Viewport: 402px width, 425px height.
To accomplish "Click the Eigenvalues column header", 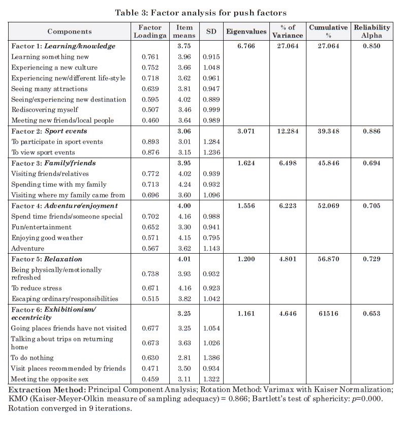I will coord(246,31).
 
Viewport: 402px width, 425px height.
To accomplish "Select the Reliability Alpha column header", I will coord(372,31).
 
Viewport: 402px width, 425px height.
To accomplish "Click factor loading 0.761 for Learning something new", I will coord(150,56).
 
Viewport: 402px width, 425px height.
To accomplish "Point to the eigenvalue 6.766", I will coord(246,46).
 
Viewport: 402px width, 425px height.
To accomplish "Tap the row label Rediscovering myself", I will coord(45,109).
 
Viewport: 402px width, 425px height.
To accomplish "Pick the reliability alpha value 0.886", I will coord(372,131).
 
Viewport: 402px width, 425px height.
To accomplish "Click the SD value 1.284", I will coord(210,142).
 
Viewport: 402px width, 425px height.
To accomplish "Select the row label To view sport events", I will coord(43,153).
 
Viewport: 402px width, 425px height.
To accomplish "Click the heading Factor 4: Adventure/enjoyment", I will coord(65,205).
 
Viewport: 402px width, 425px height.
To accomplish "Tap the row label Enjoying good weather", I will coord(47,237).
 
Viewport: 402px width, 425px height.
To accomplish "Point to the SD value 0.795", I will coord(210,237).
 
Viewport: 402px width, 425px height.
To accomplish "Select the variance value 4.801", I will coord(288,259).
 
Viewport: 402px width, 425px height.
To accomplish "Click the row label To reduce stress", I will coord(37,288).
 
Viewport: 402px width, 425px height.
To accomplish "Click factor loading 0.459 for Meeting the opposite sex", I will coord(150,379).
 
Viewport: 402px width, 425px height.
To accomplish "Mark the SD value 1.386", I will coord(210,357).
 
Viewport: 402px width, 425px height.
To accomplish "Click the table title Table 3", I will coord(201,13).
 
